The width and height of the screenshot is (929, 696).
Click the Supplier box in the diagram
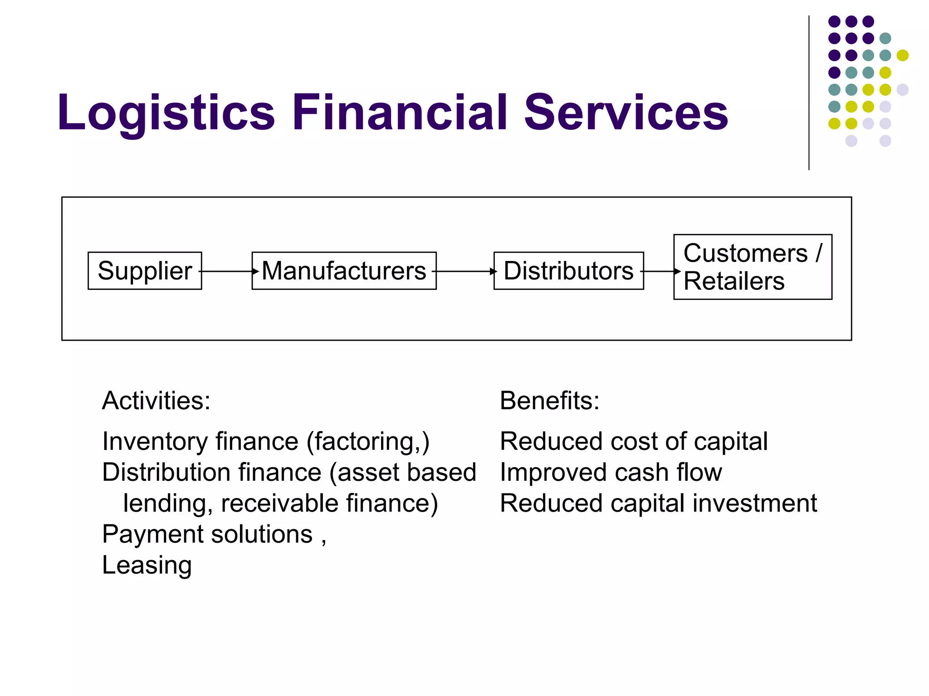click(x=145, y=271)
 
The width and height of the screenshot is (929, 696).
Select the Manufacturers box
click(x=344, y=271)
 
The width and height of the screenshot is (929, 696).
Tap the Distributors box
click(x=568, y=271)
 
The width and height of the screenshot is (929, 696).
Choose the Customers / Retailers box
click(x=753, y=267)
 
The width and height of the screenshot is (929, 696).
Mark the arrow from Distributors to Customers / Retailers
click(x=660, y=271)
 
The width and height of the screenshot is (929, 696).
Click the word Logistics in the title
click(x=166, y=113)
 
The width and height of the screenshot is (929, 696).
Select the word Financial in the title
click(x=399, y=112)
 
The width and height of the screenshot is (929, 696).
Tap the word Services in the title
click(x=626, y=112)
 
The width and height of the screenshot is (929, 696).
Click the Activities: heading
click(x=156, y=401)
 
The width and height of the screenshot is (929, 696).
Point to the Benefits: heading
click(x=549, y=401)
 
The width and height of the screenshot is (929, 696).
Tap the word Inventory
click(x=155, y=442)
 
